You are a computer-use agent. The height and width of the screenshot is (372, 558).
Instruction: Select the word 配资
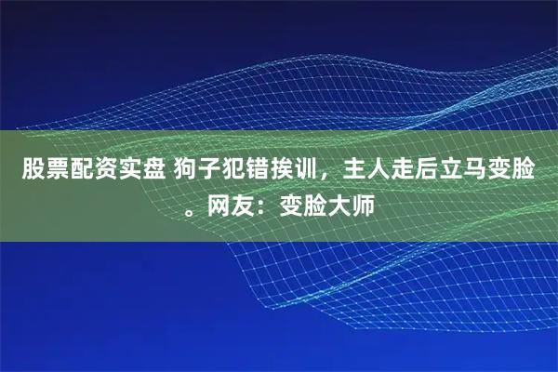click(90, 171)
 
